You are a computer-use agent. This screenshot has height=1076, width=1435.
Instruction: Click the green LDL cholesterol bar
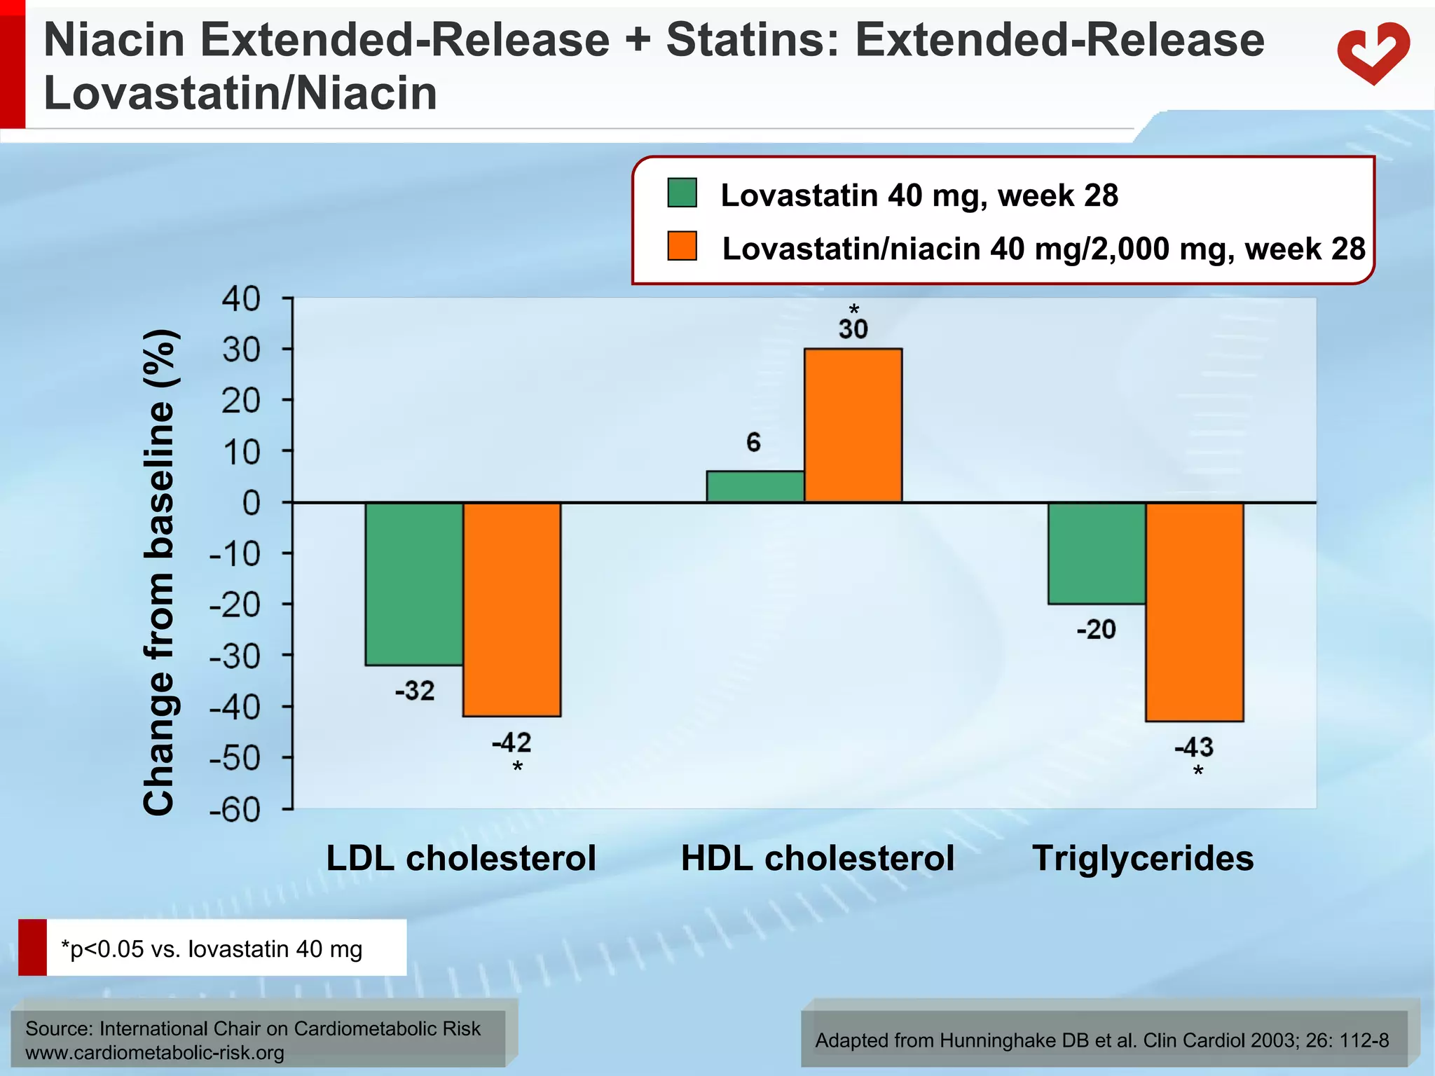414,584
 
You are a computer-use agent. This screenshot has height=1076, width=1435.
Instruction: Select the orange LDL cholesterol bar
511,609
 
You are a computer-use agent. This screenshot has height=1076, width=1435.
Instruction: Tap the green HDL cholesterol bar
755,487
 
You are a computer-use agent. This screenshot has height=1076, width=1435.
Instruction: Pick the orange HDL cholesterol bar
853,425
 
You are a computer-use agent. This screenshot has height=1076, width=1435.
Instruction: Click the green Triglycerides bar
1097,553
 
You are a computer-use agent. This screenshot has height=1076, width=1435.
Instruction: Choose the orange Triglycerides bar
1194,612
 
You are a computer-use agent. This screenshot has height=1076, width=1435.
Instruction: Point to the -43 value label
1194,747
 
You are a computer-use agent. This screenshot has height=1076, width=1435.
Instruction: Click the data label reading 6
753,442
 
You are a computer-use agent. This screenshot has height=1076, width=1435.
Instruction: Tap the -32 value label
415,691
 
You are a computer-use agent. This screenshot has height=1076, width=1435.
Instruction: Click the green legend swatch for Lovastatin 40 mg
682,193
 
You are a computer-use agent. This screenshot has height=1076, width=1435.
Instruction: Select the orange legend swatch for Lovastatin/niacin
682,246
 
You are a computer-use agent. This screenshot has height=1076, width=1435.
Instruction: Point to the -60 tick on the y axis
235,810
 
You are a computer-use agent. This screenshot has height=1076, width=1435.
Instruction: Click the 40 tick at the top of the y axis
241,299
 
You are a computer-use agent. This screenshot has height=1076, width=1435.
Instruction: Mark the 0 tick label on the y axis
251,503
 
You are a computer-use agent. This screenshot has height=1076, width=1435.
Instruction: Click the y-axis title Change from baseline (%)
159,572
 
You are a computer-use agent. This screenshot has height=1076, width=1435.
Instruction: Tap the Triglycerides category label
1143,858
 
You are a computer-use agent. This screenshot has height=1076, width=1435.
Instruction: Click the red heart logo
1373,54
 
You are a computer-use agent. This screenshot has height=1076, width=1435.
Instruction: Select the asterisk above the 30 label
853,310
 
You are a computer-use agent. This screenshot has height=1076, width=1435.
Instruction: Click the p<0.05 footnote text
212,949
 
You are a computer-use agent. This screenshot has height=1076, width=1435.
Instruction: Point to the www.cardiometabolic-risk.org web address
155,1052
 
